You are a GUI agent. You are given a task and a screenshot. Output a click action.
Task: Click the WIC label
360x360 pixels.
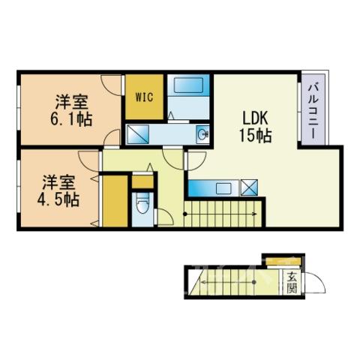144,97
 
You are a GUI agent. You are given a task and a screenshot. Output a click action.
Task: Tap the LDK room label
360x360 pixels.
256,118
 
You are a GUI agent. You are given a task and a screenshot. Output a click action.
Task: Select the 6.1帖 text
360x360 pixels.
71,119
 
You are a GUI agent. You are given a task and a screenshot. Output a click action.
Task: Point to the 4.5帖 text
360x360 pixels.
58,199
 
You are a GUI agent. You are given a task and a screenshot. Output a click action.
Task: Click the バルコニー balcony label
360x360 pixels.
313,112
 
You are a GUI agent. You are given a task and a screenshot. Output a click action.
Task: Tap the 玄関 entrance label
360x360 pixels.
292,283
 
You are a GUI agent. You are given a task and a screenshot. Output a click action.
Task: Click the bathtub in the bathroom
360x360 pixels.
188,85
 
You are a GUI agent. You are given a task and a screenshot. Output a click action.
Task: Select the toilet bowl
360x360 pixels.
142,203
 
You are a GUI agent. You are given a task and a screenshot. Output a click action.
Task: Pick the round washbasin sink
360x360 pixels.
202,135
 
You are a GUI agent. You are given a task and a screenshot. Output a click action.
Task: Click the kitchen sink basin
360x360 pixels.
223,188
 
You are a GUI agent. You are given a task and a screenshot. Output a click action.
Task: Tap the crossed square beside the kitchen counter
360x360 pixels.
249,187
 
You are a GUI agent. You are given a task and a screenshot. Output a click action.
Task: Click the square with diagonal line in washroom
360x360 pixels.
138,134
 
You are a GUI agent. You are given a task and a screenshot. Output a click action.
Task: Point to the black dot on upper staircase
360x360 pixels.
185,214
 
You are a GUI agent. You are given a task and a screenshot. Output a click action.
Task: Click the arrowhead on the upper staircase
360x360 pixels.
255,214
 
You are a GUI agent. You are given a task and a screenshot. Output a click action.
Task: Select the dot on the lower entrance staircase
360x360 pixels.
254,282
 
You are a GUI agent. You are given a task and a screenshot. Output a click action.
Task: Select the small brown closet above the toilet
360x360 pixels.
142,181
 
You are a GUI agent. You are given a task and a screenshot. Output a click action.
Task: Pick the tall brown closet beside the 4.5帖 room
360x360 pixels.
115,201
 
